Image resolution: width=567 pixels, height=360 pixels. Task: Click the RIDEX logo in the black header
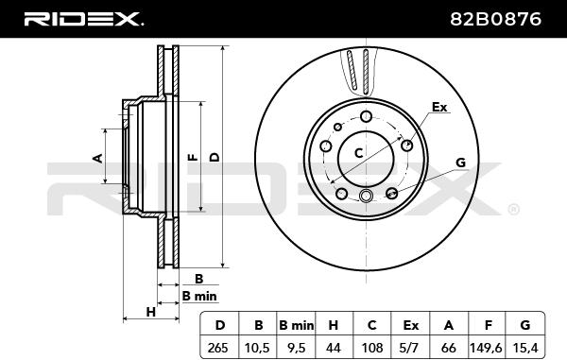(83, 19)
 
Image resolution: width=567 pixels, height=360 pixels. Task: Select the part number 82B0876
(495, 19)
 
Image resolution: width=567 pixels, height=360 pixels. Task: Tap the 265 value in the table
(218, 348)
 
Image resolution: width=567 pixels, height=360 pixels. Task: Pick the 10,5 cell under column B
(257, 348)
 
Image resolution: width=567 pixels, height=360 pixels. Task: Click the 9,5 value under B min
(296, 348)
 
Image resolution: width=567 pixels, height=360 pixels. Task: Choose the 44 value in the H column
(333, 348)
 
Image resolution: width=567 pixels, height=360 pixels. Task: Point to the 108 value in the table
(372, 348)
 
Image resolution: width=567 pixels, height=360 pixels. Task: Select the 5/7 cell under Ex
(410, 348)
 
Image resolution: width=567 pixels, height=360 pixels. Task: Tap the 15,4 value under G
(525, 348)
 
